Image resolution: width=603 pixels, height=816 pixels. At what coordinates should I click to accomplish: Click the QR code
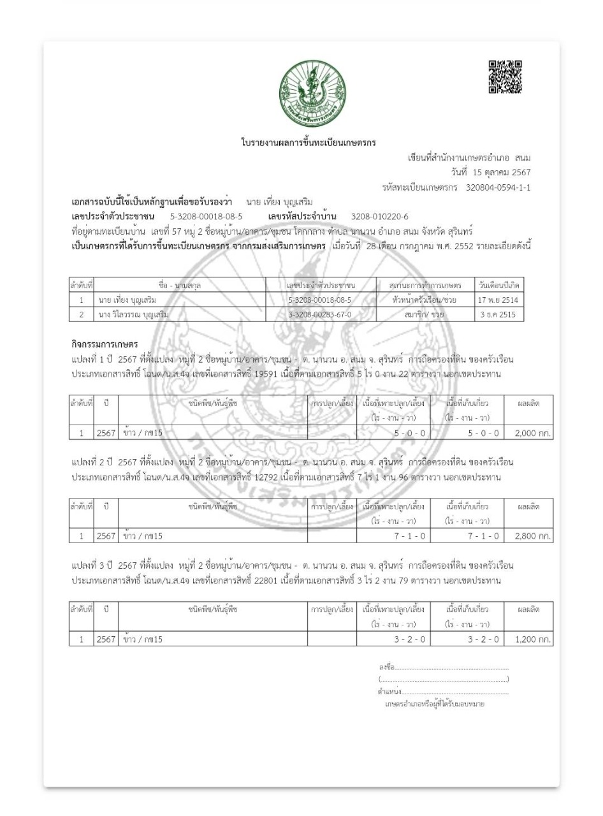tap(505, 76)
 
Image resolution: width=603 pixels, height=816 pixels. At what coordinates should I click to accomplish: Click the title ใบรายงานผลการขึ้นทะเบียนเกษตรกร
tap(305, 141)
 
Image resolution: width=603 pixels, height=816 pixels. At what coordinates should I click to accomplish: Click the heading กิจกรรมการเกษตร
tap(103, 345)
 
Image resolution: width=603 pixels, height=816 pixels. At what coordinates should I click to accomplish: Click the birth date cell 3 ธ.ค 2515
tap(500, 315)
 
